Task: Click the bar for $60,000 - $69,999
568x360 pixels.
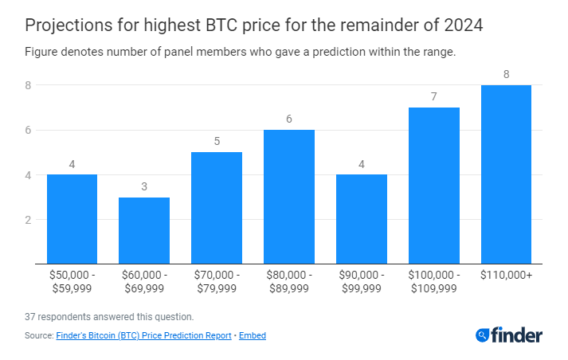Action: click(x=144, y=231)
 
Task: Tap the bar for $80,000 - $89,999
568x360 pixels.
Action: click(x=289, y=197)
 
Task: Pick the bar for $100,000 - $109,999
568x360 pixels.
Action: click(x=434, y=186)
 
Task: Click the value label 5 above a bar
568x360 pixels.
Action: click(x=217, y=142)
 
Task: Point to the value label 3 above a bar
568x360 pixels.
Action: click(x=144, y=186)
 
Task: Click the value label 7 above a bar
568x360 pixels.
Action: click(x=434, y=97)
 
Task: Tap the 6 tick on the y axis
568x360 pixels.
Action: click(x=28, y=130)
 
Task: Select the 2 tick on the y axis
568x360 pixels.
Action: click(x=28, y=220)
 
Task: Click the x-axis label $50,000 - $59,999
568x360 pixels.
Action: click(x=72, y=281)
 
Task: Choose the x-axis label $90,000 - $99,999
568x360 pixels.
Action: click(x=362, y=281)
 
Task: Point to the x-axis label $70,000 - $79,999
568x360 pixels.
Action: click(x=217, y=281)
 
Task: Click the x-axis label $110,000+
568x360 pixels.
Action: click(x=506, y=275)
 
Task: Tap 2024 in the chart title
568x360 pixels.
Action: click(x=461, y=25)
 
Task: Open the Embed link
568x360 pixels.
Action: click(x=253, y=336)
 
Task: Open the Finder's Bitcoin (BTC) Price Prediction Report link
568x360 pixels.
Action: click(x=143, y=336)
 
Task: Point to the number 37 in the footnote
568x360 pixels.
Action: click(x=30, y=317)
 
